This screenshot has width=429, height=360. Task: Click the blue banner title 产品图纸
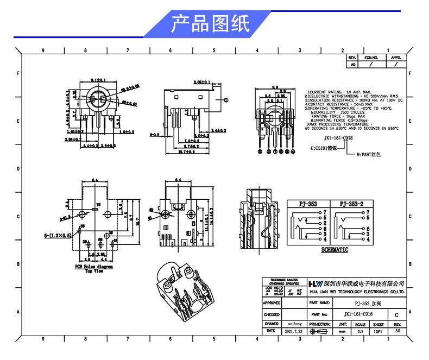[210, 24]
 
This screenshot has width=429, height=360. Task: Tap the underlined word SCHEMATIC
[334, 250]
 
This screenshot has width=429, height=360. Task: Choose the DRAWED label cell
[272, 323]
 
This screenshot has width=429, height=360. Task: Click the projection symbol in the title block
[319, 331]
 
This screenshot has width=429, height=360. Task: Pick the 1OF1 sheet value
[378, 331]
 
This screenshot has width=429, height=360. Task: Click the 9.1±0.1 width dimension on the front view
[98, 80]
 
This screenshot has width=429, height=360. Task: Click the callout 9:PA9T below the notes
[369, 154]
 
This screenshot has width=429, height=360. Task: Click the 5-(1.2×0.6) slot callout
[58, 236]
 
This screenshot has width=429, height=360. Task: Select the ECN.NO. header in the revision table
[371, 57]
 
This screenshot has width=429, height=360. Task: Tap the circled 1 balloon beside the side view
[226, 99]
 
